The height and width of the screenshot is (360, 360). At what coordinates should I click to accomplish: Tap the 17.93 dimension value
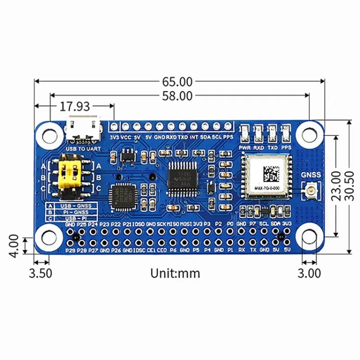coord(75,107)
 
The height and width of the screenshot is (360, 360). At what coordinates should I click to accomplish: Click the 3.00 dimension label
coord(309,273)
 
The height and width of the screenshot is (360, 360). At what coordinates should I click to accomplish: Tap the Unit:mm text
coord(175,273)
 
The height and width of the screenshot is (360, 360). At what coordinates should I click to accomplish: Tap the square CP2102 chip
coord(122,196)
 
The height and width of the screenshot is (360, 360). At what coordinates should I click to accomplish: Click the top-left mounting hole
coord(49,134)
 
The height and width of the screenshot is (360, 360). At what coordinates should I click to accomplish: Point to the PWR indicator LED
coord(245,133)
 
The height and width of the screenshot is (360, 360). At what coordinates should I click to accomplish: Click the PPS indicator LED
coord(286,133)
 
